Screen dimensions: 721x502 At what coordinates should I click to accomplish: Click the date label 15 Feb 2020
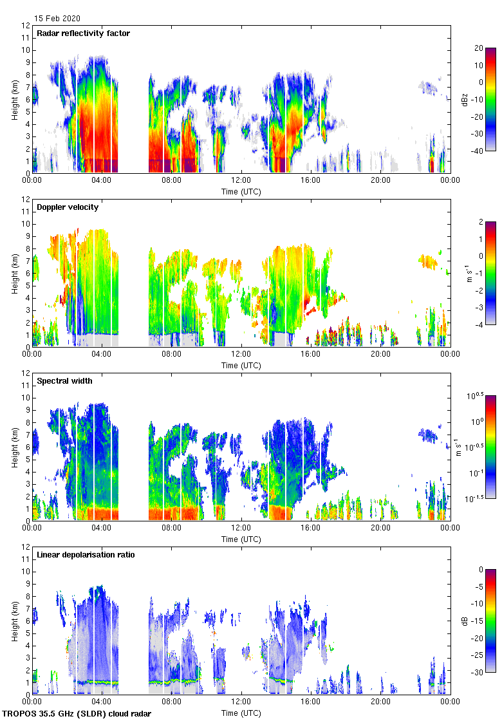[57, 19]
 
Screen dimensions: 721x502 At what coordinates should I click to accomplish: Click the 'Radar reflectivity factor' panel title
[84, 33]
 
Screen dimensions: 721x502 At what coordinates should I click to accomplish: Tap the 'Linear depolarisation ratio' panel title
[86, 555]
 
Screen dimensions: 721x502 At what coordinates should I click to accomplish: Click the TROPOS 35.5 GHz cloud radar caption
[78, 713]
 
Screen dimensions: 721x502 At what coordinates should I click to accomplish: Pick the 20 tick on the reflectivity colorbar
[478, 48]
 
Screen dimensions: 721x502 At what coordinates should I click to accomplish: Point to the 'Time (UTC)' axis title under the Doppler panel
[241, 365]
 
